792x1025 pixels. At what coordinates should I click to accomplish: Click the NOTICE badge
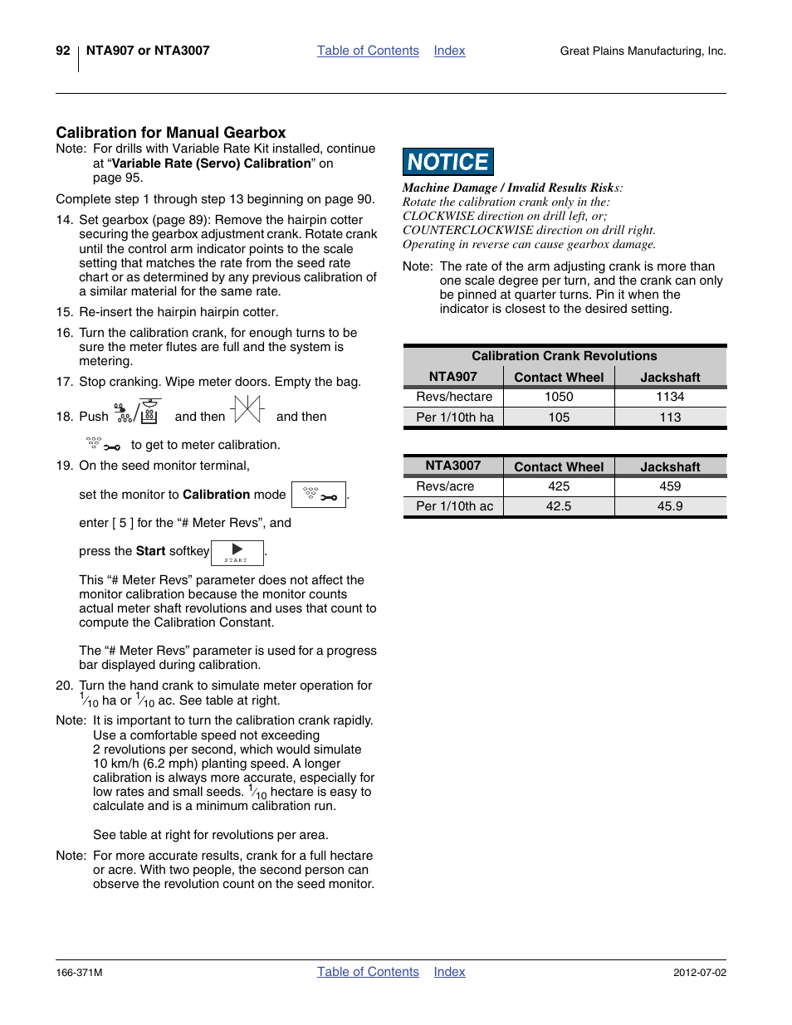coord(448,162)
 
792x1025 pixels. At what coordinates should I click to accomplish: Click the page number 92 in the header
coord(63,51)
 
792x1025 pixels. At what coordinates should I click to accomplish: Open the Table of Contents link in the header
coord(368,51)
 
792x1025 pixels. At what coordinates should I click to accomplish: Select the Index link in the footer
coord(449,972)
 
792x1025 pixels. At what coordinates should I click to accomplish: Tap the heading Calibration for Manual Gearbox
coord(171,133)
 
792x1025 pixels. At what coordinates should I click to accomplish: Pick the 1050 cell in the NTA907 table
coord(559,397)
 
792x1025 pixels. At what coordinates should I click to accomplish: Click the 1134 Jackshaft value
coord(670,397)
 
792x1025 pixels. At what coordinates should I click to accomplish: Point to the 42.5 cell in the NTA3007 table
coord(559,506)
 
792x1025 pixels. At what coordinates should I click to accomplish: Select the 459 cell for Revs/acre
coord(670,486)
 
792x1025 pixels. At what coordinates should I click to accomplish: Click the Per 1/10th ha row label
coord(454,417)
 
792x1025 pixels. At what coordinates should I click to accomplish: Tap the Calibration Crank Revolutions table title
coord(565,356)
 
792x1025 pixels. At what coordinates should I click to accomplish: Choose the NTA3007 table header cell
coord(453,466)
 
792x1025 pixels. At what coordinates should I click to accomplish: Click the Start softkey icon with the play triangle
coord(237,552)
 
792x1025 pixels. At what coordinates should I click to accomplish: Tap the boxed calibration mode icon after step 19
coord(319,495)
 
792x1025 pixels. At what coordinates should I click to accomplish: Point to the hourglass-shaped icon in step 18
coord(247,410)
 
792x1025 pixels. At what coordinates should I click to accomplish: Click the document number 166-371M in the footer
coord(79,973)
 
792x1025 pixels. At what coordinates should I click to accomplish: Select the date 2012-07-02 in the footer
coord(699,973)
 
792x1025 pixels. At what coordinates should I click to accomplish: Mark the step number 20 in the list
coord(64,686)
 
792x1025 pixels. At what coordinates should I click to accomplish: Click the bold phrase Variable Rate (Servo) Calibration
coord(211,164)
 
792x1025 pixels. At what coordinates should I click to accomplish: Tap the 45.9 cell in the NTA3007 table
coord(670,506)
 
